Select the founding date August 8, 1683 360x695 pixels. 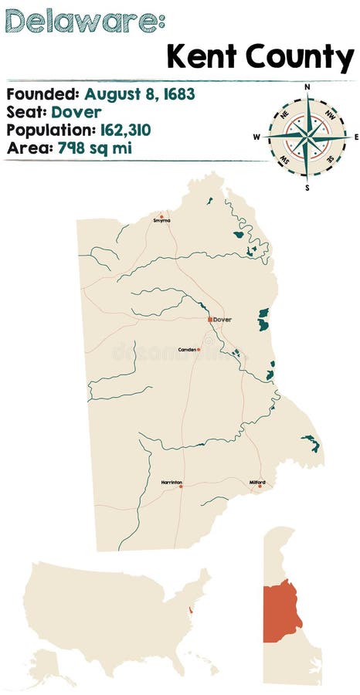click(x=140, y=94)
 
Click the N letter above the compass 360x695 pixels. click(x=307, y=87)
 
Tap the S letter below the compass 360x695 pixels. click(x=307, y=187)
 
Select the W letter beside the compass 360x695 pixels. click(x=256, y=137)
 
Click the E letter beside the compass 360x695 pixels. click(x=356, y=137)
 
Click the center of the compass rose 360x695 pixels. click(x=307, y=137)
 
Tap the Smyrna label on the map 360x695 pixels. click(x=161, y=220)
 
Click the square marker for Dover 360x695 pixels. click(x=209, y=319)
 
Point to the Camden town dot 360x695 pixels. click(x=199, y=349)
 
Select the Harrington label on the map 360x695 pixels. click(x=172, y=482)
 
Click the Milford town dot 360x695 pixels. click(x=260, y=486)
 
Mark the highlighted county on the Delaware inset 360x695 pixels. click(x=283, y=610)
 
